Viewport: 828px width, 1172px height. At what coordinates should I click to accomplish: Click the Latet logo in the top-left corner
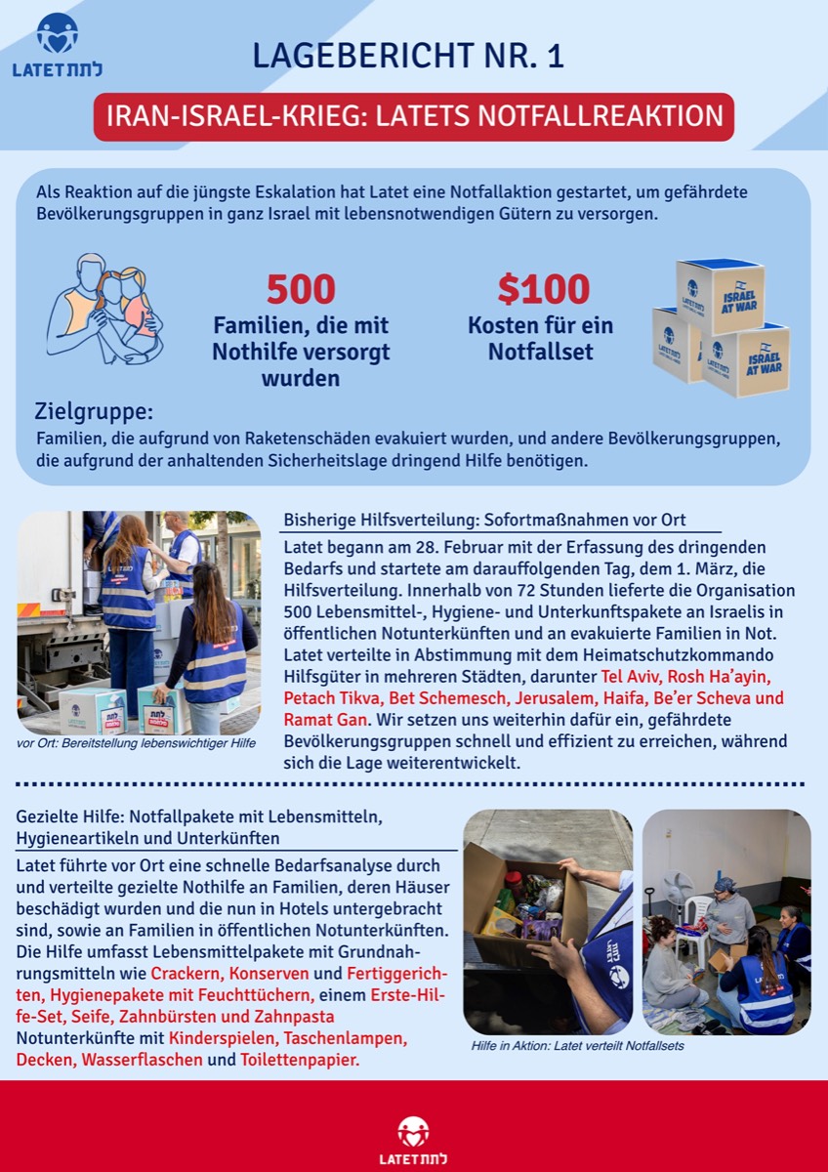(57, 45)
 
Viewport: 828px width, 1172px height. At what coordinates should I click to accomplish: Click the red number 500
(301, 289)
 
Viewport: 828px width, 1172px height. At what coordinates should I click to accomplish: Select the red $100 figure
(543, 289)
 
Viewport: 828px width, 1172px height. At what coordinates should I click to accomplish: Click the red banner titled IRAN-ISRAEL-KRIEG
(414, 116)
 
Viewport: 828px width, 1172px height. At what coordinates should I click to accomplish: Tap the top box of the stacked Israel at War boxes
(721, 295)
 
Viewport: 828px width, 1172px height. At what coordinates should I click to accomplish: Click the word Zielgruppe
(94, 411)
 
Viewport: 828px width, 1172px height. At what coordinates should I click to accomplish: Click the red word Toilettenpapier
(300, 1059)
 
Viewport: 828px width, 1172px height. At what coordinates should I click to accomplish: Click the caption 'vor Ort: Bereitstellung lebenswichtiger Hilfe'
(137, 744)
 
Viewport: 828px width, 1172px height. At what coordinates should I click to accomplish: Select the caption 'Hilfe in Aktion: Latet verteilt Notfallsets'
(577, 1046)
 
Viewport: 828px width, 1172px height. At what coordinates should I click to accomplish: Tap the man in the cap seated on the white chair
(726, 908)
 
